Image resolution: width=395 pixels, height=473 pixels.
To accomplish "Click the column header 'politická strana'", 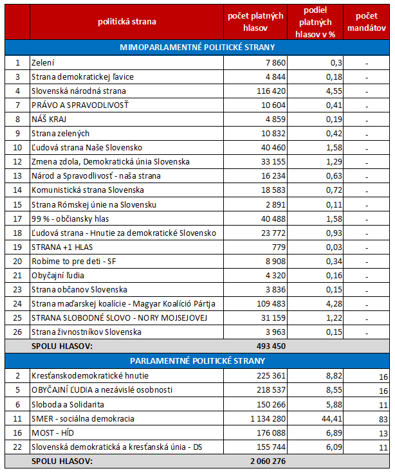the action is coord(127,22).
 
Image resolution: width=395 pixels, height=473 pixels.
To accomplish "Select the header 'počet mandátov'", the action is coord(366,22).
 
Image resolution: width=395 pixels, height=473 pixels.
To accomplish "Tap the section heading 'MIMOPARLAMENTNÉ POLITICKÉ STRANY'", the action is coord(197,48).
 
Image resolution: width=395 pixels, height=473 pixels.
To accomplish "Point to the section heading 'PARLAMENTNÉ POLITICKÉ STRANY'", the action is coord(197,361).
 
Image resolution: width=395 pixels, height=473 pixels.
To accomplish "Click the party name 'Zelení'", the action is coord(43,63).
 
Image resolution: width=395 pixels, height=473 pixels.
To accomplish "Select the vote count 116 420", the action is coord(271,91).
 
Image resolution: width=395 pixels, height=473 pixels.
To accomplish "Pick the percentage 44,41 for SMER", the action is coord(331,419).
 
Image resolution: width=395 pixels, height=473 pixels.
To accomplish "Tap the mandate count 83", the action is coord(383,419).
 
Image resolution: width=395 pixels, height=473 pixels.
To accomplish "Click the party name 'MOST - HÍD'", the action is coord(53,433).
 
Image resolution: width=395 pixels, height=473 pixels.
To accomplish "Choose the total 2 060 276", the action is coord(268,461).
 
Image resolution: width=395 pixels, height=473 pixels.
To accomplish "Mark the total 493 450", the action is coord(271,346).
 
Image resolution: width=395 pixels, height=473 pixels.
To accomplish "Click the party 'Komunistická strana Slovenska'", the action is coord(87,190).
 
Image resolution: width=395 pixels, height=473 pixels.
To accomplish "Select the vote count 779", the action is coord(279,247).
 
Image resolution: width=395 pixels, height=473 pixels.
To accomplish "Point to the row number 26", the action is coord(17,332).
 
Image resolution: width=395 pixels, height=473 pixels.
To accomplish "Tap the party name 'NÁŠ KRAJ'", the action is coord(49,119).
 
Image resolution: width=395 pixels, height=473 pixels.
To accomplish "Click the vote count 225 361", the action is coord(271,376).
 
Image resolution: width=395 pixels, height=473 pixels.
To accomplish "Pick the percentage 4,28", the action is coord(334,304).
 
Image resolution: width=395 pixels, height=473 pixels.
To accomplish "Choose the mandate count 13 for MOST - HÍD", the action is coord(383,434).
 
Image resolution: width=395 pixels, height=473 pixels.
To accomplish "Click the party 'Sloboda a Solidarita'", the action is coord(68,404).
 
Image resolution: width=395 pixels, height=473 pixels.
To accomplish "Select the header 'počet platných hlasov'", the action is coord(255,22).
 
